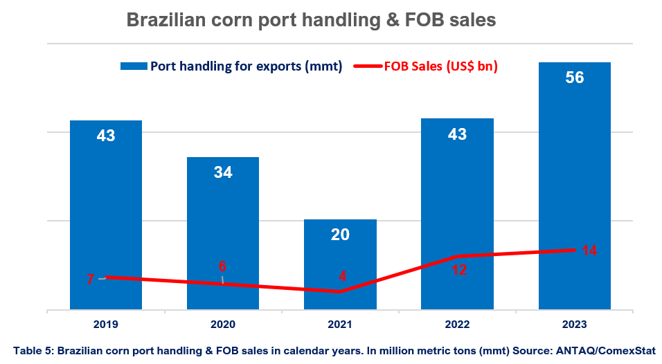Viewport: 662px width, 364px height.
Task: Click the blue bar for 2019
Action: (x=106, y=208)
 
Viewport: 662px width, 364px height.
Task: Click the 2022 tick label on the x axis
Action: (x=457, y=325)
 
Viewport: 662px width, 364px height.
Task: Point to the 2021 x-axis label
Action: (x=340, y=325)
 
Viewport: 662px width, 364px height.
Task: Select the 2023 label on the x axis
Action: (x=574, y=325)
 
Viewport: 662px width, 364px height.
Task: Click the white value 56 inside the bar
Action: (x=574, y=78)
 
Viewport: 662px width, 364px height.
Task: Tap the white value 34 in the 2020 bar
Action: (x=223, y=173)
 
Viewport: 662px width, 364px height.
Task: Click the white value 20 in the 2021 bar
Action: (x=340, y=235)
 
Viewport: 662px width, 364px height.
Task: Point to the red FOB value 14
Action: (x=589, y=251)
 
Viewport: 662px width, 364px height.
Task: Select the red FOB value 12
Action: (x=458, y=270)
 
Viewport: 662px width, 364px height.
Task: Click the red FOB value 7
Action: (x=90, y=280)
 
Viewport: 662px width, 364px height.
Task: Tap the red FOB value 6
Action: (x=222, y=266)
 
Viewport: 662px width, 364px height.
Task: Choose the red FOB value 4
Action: (x=342, y=276)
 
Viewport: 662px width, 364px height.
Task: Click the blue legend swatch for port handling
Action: (x=134, y=66)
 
